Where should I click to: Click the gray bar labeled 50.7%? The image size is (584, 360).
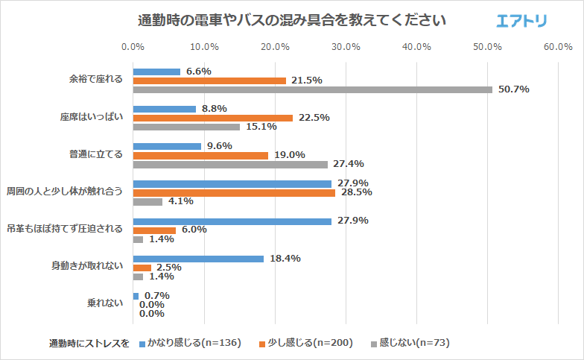point(313,89)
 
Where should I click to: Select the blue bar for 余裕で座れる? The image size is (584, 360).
point(156,72)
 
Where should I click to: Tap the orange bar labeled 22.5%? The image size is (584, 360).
point(213,118)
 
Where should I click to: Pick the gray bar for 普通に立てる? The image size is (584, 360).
point(231,164)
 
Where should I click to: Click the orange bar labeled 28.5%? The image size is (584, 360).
point(234,192)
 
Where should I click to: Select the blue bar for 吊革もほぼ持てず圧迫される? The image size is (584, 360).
point(232,221)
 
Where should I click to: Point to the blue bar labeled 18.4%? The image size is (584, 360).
point(198,259)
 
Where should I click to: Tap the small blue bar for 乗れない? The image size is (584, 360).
point(136,296)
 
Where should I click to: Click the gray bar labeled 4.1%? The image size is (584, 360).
point(147,201)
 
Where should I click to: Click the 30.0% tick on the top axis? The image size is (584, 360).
point(346,47)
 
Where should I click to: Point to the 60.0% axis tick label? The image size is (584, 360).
point(558,47)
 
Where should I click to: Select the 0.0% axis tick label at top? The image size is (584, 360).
point(133,47)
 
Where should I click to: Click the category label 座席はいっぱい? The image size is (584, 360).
point(92,117)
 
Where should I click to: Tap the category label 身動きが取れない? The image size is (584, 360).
point(87,265)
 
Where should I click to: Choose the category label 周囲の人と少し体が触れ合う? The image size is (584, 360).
point(64,192)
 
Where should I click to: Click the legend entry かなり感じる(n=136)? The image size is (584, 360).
point(191,343)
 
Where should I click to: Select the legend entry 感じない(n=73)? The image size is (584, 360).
point(410,343)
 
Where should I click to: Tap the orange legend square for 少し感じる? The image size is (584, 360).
point(262,344)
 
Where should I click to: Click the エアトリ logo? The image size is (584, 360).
point(521,21)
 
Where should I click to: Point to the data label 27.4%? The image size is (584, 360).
point(349,164)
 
